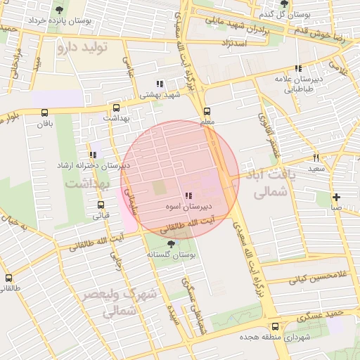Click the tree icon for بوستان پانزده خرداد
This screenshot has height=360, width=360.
click(x=58, y=9)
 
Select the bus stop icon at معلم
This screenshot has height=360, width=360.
click(x=207, y=111)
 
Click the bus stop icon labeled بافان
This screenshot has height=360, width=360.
click(x=45, y=112)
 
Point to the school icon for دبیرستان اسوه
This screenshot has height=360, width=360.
click(x=188, y=196)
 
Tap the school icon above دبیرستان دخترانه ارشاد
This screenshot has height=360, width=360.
click(x=92, y=155)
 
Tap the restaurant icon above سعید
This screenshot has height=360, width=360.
click(x=316, y=157)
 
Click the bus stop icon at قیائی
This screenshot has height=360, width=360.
click(x=101, y=205)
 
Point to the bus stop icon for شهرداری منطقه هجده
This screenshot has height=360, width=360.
click(x=275, y=326)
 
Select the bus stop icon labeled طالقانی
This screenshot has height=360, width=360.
click(x=8, y=278)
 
